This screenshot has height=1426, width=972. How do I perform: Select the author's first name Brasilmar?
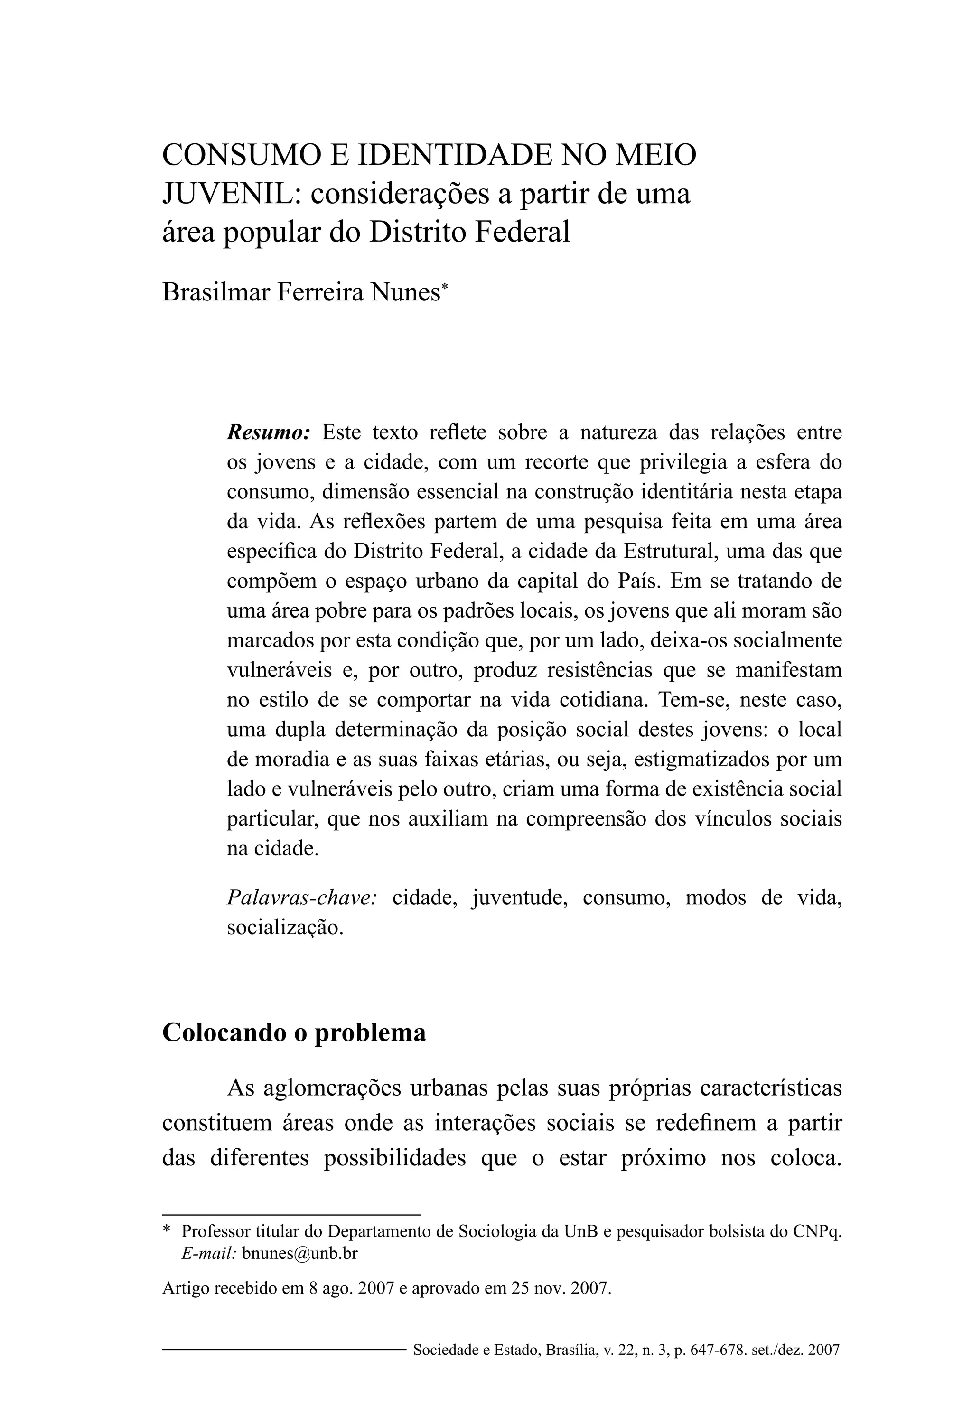[215, 292]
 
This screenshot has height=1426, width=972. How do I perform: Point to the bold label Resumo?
[269, 432]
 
